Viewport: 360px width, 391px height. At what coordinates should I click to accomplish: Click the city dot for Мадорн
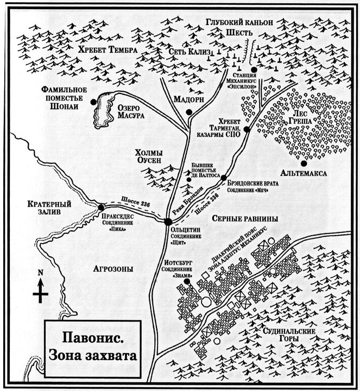pos(188,112)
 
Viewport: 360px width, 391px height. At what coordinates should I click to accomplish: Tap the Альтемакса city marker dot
pos(304,163)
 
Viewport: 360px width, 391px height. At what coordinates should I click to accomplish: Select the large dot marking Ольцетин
pos(169,221)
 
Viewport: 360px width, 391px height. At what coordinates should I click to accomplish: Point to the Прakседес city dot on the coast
pos(102,207)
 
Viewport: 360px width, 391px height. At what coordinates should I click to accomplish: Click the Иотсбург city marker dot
pos(187,281)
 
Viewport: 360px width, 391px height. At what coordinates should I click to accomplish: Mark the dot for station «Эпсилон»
pos(254,70)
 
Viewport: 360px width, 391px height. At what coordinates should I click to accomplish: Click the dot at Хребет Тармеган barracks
pos(247,129)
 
